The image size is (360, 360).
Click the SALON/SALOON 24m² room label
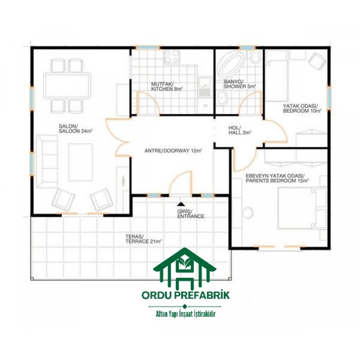tap(76, 129)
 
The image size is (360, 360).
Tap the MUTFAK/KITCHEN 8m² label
tap(167, 86)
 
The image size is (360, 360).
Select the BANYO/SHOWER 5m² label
tap(240, 84)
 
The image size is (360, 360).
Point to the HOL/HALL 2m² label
tap(240, 130)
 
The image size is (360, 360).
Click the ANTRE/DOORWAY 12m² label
tap(173, 151)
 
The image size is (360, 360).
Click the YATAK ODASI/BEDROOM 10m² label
tap(302, 108)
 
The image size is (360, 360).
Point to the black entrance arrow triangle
tap(181, 204)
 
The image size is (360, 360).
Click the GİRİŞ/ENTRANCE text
tap(190, 214)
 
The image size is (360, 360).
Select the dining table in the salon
tap(67, 86)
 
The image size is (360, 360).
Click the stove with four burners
tap(172, 56)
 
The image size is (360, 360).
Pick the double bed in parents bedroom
tap(302, 208)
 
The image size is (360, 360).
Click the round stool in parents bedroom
tap(248, 213)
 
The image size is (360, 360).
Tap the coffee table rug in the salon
tap(80, 162)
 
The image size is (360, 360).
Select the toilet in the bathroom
tap(255, 57)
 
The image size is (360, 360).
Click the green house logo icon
tap(185, 268)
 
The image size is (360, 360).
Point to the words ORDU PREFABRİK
tap(186, 295)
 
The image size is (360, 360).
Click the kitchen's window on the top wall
tap(148, 48)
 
